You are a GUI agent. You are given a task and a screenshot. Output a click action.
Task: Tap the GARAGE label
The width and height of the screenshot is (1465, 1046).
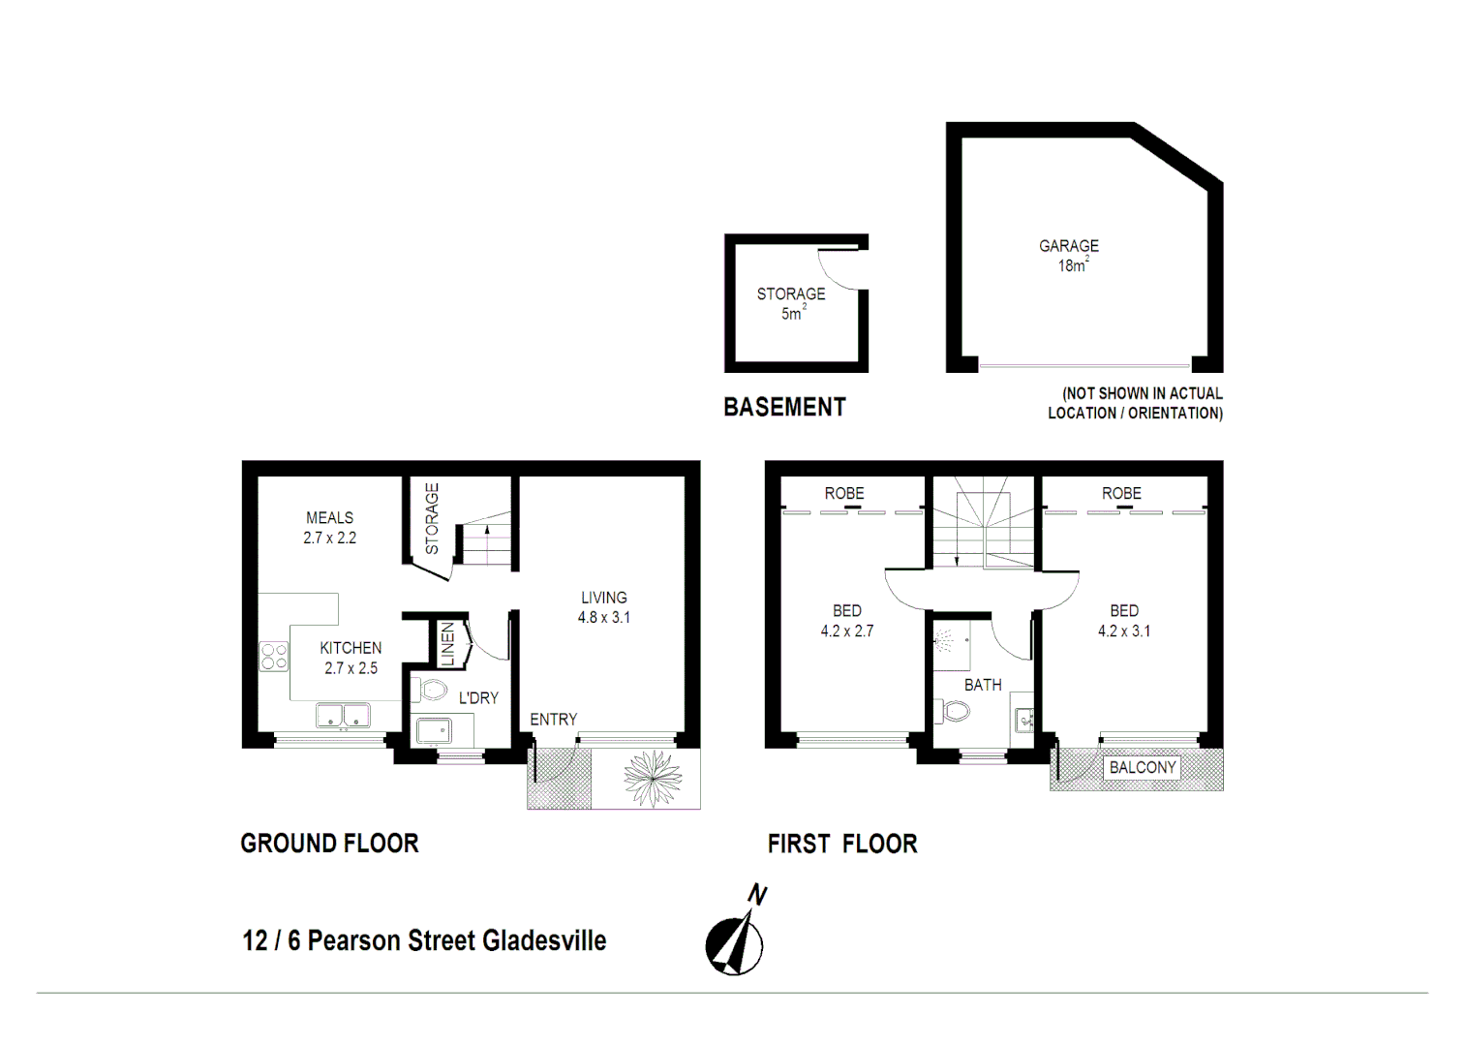[1069, 246]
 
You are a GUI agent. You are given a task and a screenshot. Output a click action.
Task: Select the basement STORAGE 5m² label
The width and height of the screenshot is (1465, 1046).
[791, 302]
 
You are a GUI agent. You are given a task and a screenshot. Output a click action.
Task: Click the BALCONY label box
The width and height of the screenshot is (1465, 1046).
[1143, 768]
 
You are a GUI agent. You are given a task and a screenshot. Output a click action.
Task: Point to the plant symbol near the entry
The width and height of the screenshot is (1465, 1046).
[653, 778]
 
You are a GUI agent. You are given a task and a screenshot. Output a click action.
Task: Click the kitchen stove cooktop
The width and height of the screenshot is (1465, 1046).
[273, 657]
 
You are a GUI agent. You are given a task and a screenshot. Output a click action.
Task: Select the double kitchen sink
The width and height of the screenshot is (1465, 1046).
[344, 717]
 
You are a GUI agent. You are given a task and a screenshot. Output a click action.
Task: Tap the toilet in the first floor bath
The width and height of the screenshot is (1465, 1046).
[955, 713]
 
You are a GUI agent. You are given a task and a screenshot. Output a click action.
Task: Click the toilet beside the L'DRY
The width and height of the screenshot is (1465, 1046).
[432, 690]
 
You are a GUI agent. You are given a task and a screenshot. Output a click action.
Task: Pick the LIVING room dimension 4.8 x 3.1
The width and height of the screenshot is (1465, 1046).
[603, 618]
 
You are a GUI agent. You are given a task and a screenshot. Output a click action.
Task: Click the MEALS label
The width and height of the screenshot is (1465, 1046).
[329, 518]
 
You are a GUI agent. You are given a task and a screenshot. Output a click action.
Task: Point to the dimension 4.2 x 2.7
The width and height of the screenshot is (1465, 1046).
[846, 631]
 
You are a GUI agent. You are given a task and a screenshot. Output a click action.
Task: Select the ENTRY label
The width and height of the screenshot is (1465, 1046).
[553, 720]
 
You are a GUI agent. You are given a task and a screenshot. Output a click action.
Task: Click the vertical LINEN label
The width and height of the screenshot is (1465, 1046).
[447, 644]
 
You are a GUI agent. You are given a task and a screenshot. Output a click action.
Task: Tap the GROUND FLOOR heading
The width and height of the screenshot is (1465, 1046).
[329, 844]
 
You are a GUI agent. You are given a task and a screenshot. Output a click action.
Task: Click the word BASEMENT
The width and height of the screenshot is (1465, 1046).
[784, 408]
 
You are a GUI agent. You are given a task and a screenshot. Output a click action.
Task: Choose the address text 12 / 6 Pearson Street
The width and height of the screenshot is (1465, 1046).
[423, 940]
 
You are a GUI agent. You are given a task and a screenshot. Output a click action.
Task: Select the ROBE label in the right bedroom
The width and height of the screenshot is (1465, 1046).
[1121, 494]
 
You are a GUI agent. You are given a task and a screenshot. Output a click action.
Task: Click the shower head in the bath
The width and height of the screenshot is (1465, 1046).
[944, 640]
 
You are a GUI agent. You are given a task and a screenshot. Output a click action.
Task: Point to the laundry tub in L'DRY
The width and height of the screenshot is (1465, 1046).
[433, 730]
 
